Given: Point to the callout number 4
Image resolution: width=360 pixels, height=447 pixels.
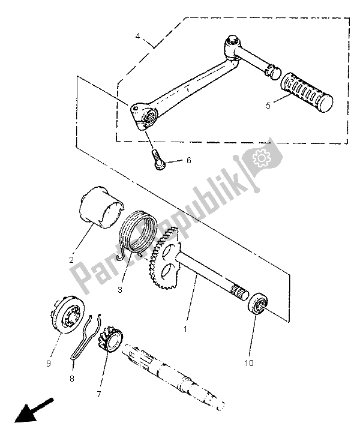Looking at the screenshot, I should click(139, 36).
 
